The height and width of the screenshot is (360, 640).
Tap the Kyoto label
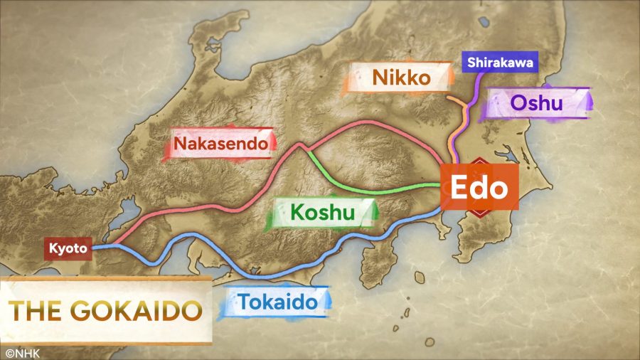tap(69, 249)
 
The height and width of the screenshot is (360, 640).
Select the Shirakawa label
tap(499, 62)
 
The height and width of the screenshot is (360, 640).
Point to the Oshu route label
tap(537, 103)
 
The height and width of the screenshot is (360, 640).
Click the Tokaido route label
tap(277, 302)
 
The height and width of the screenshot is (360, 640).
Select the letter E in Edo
tap(455, 189)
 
